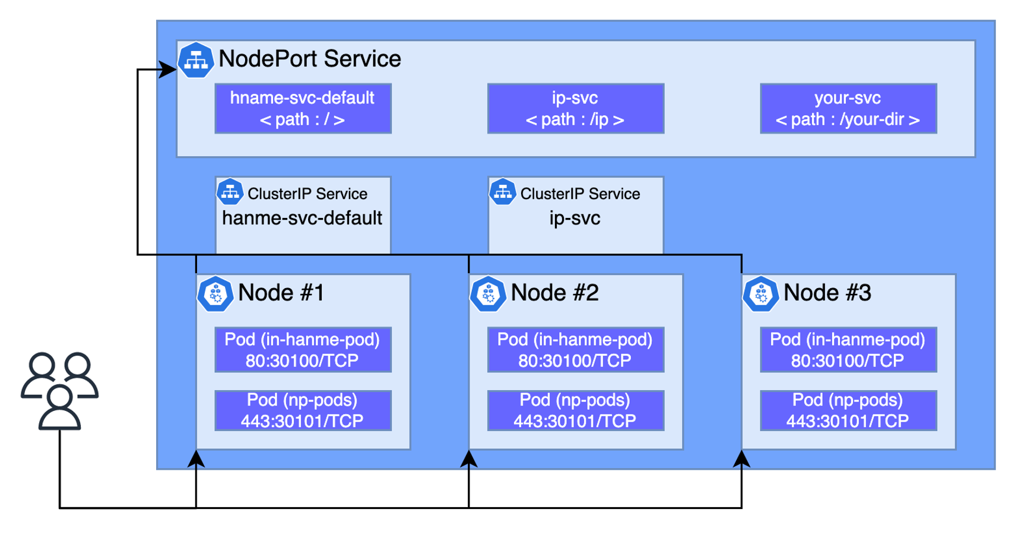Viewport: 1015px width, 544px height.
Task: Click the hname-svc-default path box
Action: (303, 108)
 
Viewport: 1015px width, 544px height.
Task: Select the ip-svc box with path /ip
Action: (576, 108)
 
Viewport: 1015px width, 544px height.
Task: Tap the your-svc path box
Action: (849, 108)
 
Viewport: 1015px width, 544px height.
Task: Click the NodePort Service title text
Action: (310, 59)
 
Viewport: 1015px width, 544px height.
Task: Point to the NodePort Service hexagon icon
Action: (196, 61)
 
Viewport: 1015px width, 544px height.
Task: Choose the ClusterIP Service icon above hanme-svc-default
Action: (230, 192)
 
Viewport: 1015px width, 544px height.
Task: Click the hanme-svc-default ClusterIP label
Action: (302, 218)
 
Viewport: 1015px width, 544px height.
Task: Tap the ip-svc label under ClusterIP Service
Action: (575, 219)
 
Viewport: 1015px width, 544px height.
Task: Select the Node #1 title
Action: (281, 292)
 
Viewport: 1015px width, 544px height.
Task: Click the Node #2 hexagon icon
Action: (488, 294)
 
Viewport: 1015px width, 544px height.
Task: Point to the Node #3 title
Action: (827, 292)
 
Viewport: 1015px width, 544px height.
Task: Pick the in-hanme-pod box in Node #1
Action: (303, 350)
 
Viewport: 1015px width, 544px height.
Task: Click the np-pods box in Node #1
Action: (303, 410)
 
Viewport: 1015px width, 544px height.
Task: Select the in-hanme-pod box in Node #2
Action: (576, 350)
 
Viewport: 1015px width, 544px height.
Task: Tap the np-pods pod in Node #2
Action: (576, 410)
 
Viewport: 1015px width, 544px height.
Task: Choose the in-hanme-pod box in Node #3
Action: (849, 350)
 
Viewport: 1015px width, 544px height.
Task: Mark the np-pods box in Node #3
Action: (849, 410)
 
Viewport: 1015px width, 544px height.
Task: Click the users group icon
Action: (60, 391)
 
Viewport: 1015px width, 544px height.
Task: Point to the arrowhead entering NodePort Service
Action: (168, 70)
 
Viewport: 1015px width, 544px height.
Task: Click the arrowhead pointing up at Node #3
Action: (742, 458)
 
